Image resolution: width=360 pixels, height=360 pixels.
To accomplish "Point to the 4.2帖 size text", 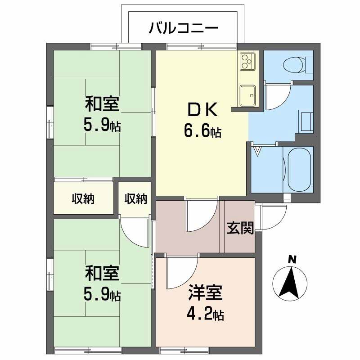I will click(205, 314).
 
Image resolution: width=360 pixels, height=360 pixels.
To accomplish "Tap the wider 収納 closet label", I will click(83, 199).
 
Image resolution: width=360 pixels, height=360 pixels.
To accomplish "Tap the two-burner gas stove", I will click(247, 61).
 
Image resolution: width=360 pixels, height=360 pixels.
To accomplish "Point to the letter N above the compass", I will click(292, 259).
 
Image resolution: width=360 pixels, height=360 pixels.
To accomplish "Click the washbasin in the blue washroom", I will click(307, 121).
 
